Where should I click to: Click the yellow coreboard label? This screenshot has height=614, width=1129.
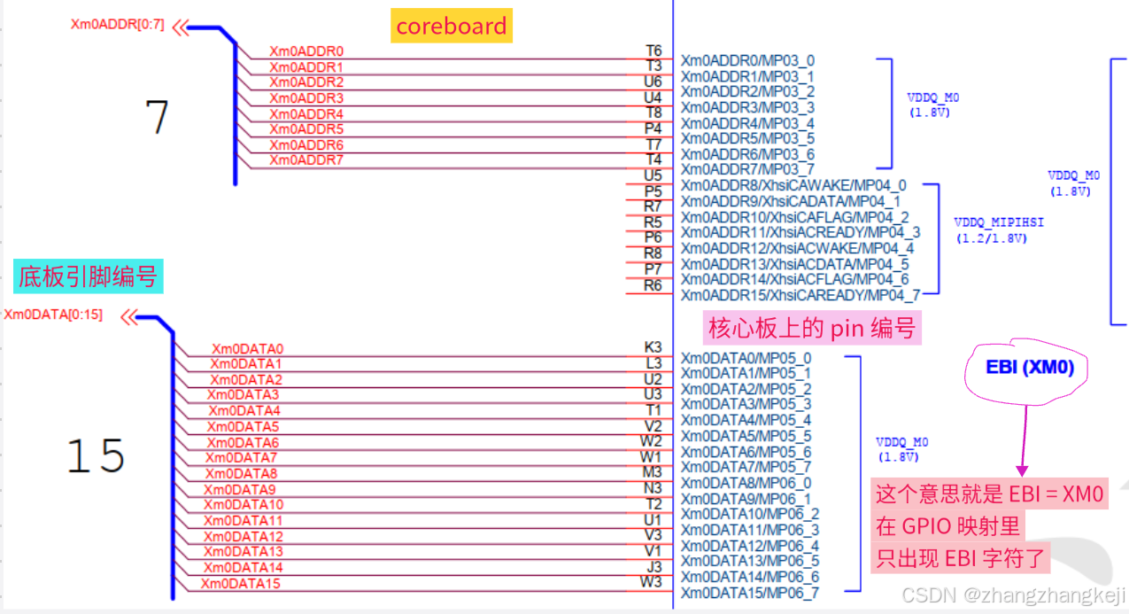click(451, 26)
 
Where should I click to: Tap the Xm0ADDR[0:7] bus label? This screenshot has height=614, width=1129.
click(118, 24)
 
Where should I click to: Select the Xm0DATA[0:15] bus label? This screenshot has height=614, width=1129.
click(53, 315)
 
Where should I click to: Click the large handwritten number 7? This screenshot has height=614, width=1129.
click(157, 116)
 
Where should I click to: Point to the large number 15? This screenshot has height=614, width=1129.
click(96, 455)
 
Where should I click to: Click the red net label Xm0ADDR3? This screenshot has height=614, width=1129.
click(306, 97)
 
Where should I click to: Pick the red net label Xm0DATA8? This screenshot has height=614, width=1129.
click(242, 474)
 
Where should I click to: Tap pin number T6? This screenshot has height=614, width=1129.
click(653, 51)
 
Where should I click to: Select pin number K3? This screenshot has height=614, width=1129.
click(653, 346)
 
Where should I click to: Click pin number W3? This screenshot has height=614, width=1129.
click(651, 581)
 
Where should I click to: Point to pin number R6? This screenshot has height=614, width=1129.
click(653, 285)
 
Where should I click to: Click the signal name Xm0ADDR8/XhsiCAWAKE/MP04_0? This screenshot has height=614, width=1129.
click(793, 185)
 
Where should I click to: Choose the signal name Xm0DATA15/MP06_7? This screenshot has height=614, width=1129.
click(750, 593)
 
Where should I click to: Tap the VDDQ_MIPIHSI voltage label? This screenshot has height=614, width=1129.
click(999, 229)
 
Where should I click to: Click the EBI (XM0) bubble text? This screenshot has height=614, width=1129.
click(1030, 367)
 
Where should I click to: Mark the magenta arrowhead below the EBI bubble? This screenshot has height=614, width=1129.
click(1022, 470)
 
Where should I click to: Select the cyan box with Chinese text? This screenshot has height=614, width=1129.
click(89, 276)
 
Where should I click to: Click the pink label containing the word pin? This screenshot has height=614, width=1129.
click(812, 328)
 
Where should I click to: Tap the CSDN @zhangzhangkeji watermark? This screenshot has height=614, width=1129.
click(1013, 595)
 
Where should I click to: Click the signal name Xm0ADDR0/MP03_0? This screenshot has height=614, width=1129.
click(748, 60)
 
